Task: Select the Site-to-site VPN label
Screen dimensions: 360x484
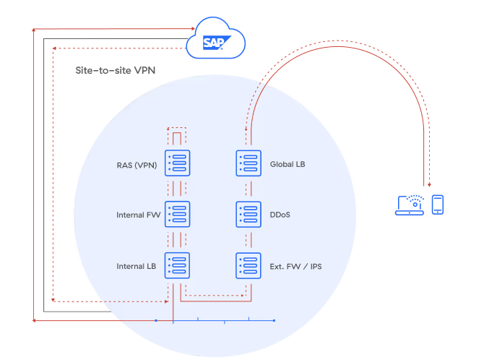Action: point(116,72)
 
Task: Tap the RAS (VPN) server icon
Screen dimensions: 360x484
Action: point(178,163)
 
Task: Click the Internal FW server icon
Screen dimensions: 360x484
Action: point(178,215)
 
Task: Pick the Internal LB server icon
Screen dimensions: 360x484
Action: point(178,265)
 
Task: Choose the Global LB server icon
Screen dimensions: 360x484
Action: point(249,163)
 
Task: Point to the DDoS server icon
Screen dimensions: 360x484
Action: point(249,215)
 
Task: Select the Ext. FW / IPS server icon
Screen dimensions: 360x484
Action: point(249,265)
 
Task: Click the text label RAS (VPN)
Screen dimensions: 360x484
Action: point(136,164)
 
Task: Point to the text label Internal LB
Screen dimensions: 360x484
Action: point(137,266)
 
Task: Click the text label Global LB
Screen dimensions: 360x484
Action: point(288,164)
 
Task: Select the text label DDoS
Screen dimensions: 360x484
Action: point(280,215)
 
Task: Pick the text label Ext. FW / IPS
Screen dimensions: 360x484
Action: point(296,266)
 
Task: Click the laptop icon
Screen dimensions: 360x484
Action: point(410,206)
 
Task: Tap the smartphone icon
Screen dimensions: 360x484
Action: point(437,204)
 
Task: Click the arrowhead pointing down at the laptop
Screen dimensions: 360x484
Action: point(430,184)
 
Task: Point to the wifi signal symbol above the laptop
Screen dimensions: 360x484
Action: point(413,197)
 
